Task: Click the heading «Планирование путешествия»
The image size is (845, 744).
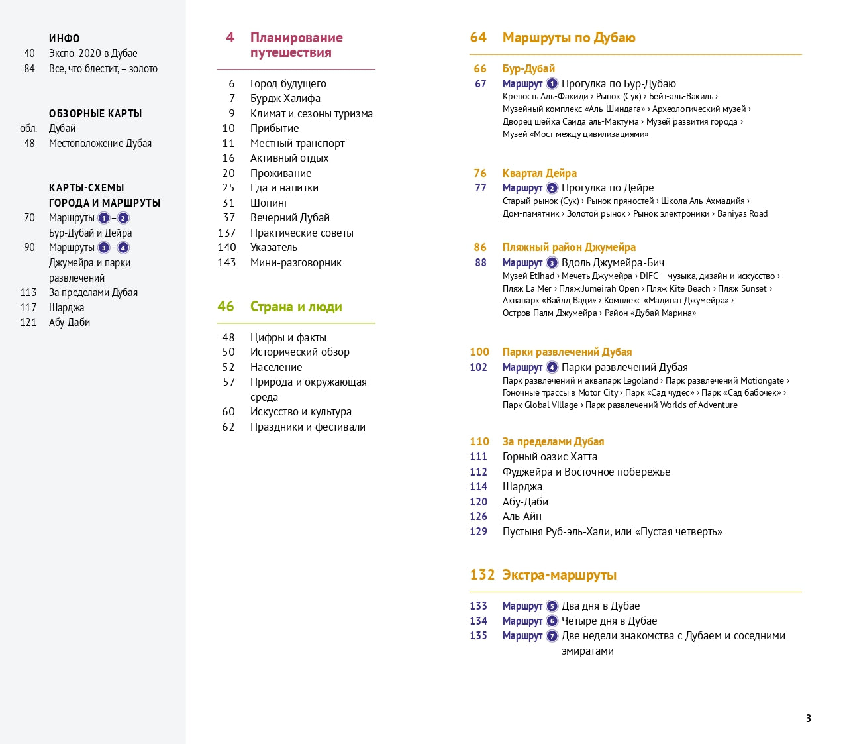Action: [296, 45]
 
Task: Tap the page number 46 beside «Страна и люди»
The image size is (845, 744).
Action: [226, 307]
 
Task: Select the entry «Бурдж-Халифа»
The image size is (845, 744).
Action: [285, 99]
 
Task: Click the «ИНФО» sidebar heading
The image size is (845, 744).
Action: [64, 38]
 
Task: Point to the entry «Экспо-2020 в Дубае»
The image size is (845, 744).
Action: [93, 54]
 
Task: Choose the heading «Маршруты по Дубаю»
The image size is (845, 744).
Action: [568, 38]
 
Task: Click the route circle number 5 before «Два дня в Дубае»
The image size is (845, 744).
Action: [552, 606]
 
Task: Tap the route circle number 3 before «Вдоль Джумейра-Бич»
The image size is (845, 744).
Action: [552, 263]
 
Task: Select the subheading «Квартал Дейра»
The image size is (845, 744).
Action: [539, 173]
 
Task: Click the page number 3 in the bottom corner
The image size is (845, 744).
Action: [808, 719]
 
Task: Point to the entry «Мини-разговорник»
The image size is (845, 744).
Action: [295, 263]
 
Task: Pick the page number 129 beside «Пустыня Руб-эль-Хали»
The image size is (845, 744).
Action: [478, 532]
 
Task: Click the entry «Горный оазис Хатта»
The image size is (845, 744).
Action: [550, 457]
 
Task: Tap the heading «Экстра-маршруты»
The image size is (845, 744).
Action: [559, 575]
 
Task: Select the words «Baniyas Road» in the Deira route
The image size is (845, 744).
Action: [742, 214]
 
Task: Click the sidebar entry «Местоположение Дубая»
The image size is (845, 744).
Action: [100, 144]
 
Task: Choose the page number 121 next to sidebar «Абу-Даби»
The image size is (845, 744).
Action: [28, 323]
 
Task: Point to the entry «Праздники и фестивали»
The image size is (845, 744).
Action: [307, 427]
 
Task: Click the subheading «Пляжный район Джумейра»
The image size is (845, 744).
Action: [569, 248]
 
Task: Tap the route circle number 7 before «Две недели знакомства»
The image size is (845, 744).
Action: [552, 636]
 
